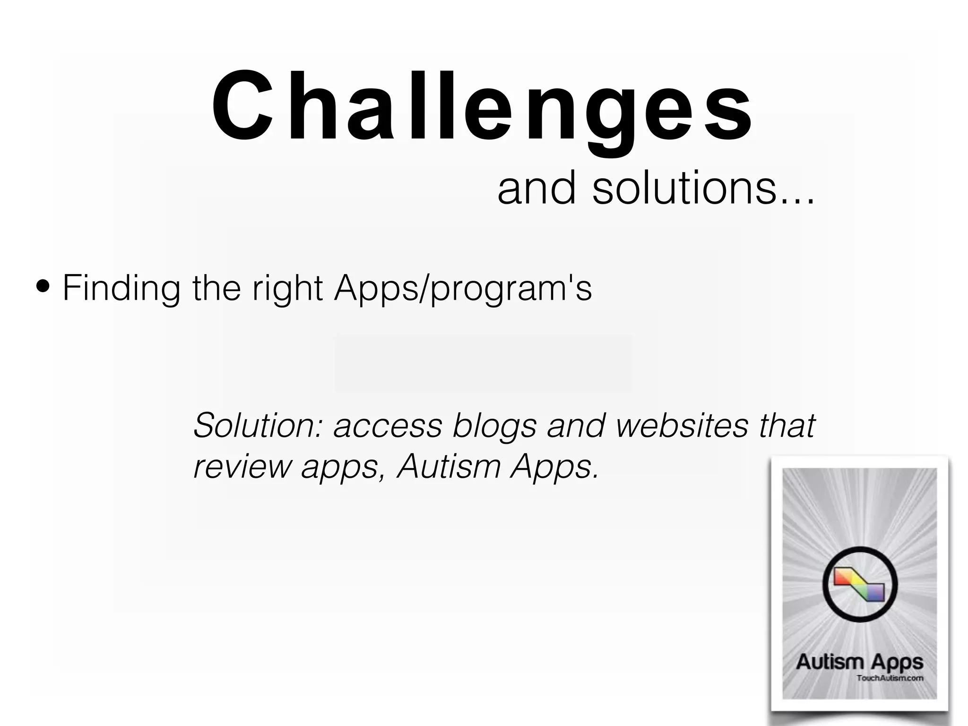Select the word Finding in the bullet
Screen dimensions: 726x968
tap(121, 288)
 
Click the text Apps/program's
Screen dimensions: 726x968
tap(462, 288)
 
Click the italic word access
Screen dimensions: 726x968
tap(388, 426)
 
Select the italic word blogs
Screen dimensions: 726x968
tap(494, 426)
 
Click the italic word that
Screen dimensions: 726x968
tap(787, 425)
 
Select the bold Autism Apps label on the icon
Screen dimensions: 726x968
tap(859, 662)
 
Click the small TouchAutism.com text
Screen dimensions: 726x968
tap(890, 678)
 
